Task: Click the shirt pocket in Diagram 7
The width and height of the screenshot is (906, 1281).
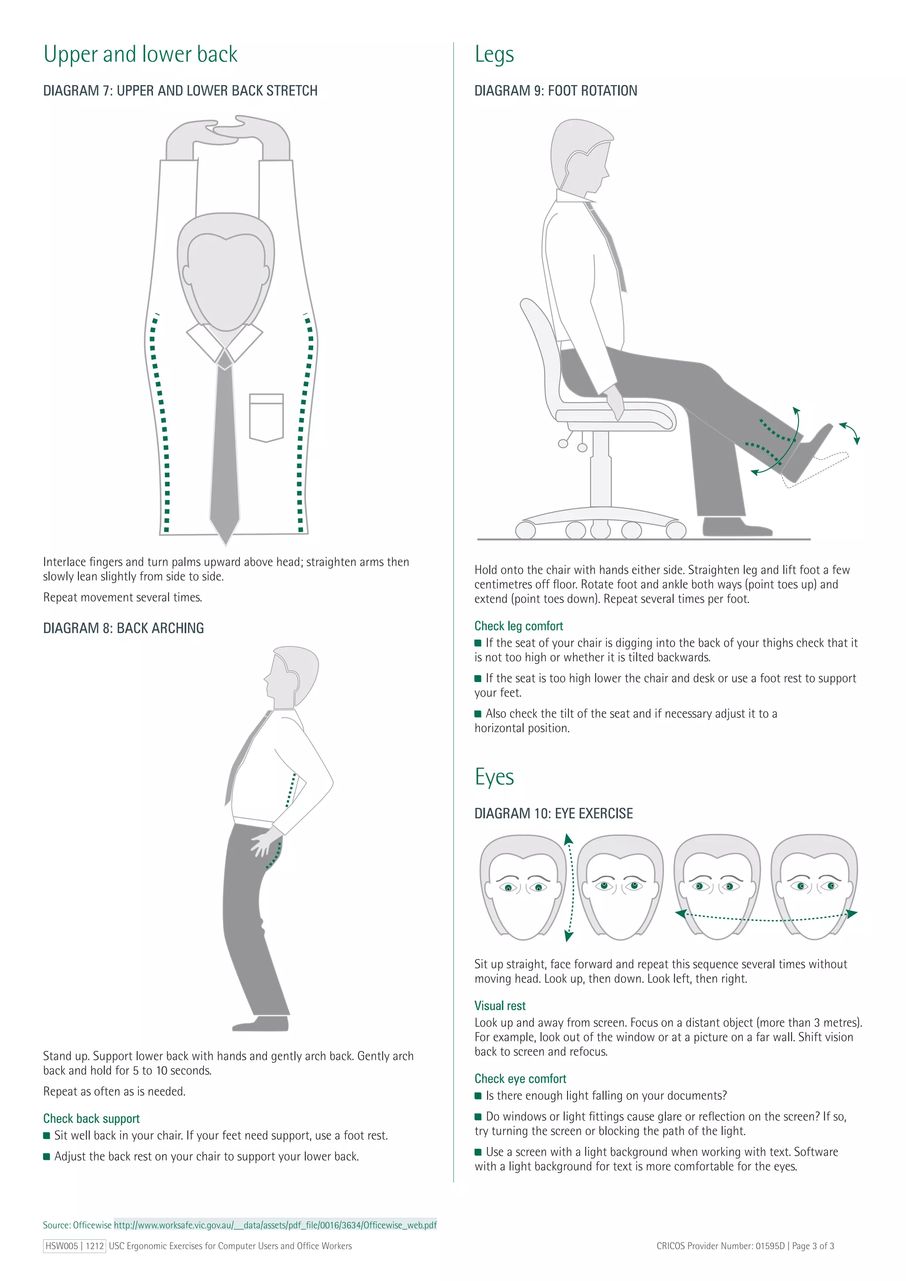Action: coord(266,417)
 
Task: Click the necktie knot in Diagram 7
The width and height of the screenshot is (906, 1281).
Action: coord(224,360)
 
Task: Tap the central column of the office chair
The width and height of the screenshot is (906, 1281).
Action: coord(600,469)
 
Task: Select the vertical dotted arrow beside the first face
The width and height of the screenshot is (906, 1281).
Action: coord(570,887)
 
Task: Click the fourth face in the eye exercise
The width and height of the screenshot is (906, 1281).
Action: coord(814,887)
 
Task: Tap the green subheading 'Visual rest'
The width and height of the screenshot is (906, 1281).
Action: coord(500,1006)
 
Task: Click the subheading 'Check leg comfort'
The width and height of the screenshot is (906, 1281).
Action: coord(518,626)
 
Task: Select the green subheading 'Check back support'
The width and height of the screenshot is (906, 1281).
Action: coord(92,1119)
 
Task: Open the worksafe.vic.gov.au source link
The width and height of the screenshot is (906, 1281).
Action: coord(275,1225)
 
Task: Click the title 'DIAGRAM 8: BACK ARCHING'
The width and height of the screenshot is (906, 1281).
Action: coord(123,628)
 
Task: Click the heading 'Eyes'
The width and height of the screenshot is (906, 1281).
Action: coord(494,777)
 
